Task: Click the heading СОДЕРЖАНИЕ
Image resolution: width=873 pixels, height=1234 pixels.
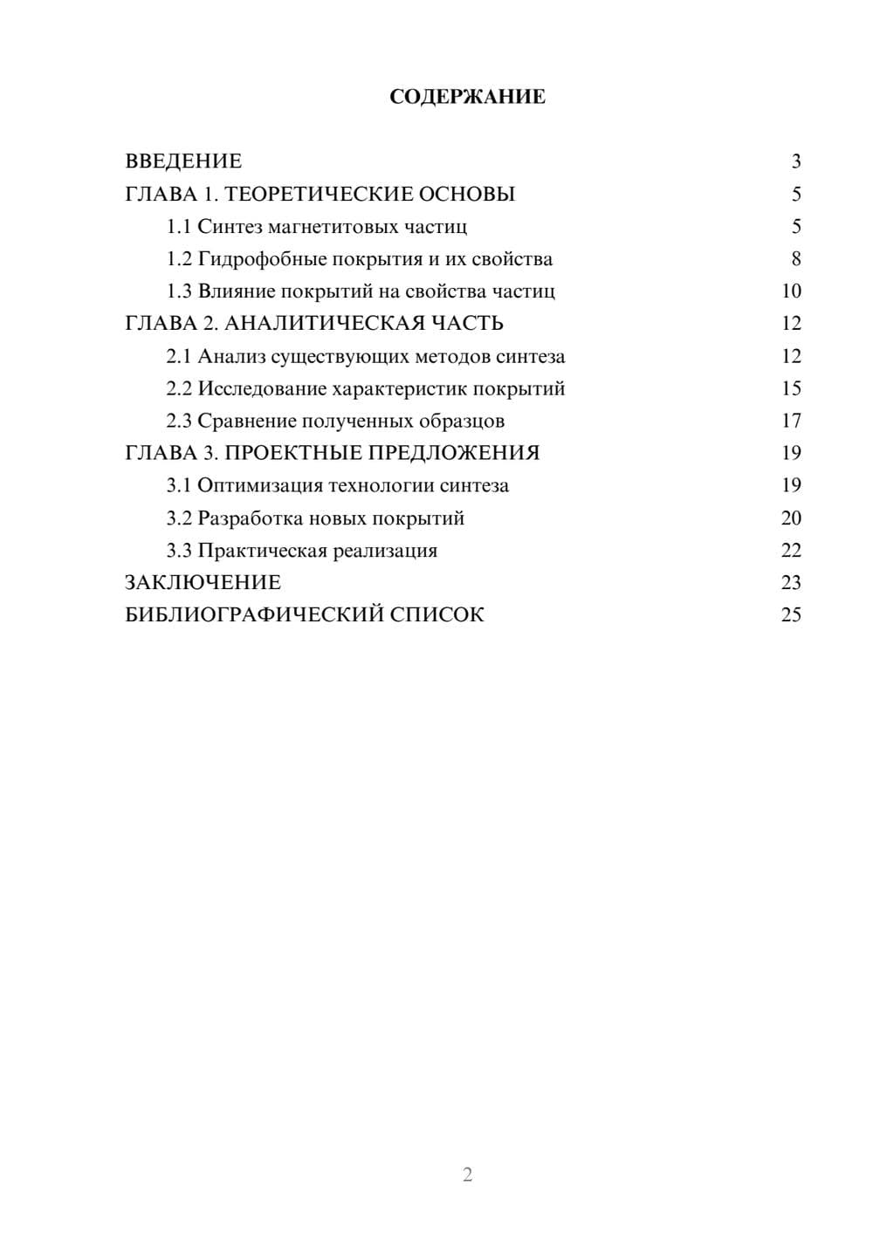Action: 467,97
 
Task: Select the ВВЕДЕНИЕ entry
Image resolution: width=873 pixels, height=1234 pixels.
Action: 183,161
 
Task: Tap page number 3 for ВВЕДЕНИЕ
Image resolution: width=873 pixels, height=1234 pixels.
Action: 795,161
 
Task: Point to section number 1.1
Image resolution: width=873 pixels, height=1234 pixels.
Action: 179,227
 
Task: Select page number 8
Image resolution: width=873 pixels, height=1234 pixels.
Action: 795,259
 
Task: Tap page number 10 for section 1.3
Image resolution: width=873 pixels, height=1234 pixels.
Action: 791,291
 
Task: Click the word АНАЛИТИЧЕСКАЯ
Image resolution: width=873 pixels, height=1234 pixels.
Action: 322,324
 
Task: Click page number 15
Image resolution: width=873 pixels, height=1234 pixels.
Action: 791,388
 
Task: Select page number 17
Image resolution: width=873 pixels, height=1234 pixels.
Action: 791,421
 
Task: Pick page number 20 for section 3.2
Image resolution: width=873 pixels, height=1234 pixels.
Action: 791,518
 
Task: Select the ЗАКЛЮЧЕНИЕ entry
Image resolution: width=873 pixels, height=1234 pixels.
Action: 203,582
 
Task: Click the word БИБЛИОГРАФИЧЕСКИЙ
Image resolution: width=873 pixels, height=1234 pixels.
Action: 254,614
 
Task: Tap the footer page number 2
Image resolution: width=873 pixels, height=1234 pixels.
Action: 467,1175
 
